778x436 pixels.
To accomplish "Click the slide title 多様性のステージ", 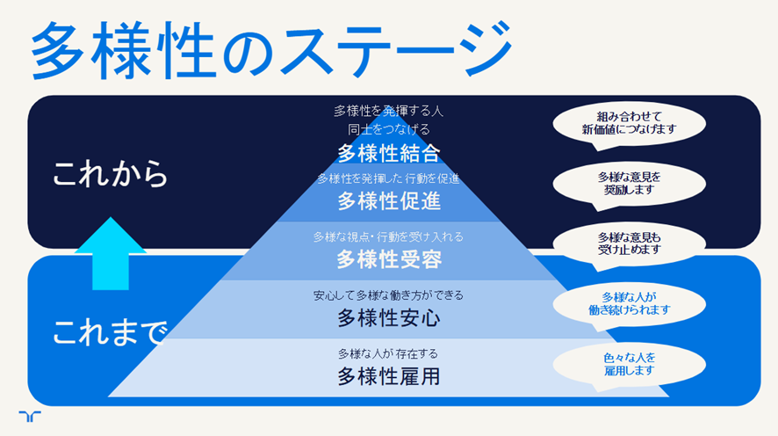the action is pyautogui.click(x=271, y=49).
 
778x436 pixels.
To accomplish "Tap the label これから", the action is pyautogui.click(x=110, y=173).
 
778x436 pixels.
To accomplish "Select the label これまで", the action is pyautogui.click(x=110, y=332).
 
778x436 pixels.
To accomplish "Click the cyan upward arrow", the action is pyautogui.click(x=111, y=253).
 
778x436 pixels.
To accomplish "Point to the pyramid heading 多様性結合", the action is pyautogui.click(x=389, y=154).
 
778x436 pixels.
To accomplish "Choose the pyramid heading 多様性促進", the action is pyautogui.click(x=389, y=201).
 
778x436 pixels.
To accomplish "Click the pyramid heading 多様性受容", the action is pyautogui.click(x=389, y=259).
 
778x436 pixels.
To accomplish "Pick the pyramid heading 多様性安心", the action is pyautogui.click(x=389, y=318).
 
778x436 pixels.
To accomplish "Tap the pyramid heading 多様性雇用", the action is pyautogui.click(x=389, y=376).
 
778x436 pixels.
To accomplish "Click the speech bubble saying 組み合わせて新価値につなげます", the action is pyautogui.click(x=629, y=124).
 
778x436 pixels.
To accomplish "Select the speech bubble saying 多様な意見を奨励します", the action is pyautogui.click(x=629, y=185).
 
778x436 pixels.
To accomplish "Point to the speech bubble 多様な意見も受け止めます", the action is pyautogui.click(x=629, y=244).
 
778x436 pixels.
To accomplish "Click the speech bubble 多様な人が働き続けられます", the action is pyautogui.click(x=629, y=304).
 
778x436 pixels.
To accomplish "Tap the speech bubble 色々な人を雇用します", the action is pyautogui.click(x=629, y=365).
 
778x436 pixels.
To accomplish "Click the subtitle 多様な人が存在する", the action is pyautogui.click(x=388, y=353).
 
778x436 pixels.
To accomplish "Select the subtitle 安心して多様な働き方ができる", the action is pyautogui.click(x=388, y=295).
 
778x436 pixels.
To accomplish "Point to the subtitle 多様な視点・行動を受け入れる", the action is pyautogui.click(x=388, y=236).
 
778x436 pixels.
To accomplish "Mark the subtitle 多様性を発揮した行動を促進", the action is pyautogui.click(x=388, y=178).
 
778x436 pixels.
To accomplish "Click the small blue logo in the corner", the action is pyautogui.click(x=30, y=416).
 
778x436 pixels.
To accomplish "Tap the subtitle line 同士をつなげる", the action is pyautogui.click(x=389, y=129).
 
